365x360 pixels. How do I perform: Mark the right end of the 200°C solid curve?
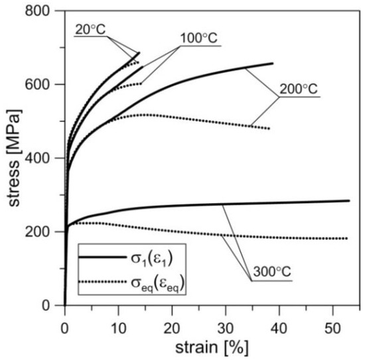coord(273,64)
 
